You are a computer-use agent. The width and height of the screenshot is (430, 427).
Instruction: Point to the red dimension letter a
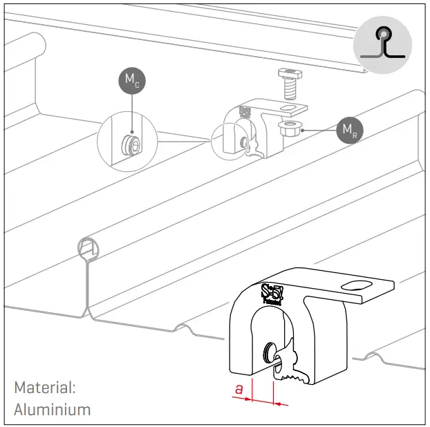tap(239, 389)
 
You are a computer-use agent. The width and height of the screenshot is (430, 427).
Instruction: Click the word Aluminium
tap(52, 409)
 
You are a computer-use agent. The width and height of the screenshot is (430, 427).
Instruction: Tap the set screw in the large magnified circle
tap(129, 144)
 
